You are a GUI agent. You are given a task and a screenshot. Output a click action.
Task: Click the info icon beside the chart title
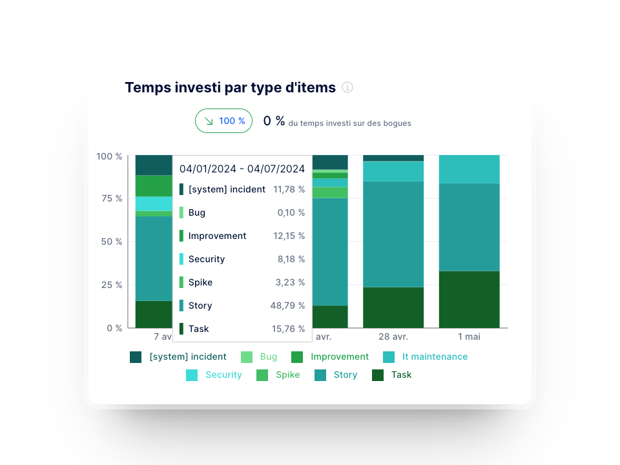point(347,87)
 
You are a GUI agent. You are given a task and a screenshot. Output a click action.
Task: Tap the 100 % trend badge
point(223,121)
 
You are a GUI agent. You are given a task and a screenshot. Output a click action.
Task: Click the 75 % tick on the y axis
point(109,198)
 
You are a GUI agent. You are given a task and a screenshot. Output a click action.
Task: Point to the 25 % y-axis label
point(109,285)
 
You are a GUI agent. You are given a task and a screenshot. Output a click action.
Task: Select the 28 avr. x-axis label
point(393,336)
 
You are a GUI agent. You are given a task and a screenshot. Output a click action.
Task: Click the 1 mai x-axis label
point(469,336)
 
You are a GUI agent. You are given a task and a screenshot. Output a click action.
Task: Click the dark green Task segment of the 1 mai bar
point(469,299)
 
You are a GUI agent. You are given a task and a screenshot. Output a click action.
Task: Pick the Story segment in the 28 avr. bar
point(393,234)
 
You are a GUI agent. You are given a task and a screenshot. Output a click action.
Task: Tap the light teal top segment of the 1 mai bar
point(469,169)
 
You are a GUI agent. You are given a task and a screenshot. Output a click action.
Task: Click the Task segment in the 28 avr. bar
point(393,307)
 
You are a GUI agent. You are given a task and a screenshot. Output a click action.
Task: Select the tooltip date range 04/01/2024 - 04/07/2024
point(242,169)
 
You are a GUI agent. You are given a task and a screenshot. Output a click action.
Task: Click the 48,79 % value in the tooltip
point(287,305)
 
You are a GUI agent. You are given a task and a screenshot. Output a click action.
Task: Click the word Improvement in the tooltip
point(217,236)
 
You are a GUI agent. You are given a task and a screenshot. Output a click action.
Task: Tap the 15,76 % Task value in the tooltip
point(288,329)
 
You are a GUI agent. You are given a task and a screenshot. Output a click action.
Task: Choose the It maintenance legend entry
point(434,356)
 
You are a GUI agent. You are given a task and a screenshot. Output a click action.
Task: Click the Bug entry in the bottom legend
point(267,356)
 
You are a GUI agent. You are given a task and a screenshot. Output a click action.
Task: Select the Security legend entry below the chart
point(223,375)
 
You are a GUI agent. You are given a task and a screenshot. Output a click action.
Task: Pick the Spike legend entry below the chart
point(287,375)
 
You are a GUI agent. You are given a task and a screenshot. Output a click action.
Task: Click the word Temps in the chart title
point(148,87)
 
